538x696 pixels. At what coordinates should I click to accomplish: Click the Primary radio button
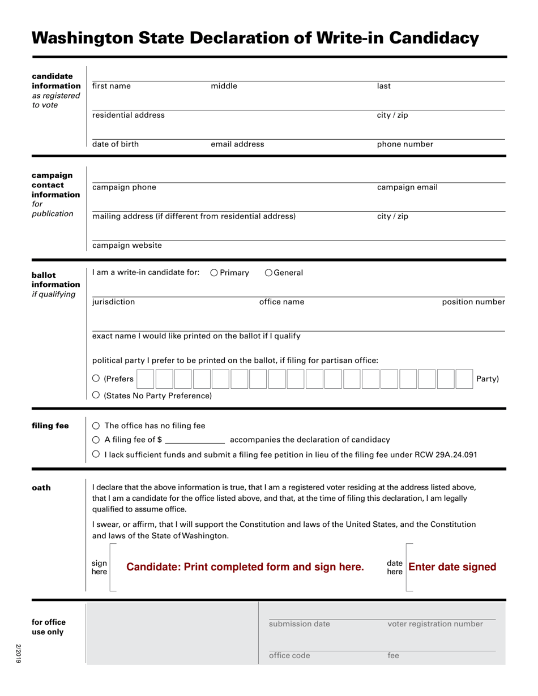click(214, 273)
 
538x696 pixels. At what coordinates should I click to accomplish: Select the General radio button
click(268, 273)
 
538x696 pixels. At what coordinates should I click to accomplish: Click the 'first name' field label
click(111, 86)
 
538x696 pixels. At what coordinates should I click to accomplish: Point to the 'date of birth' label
click(115, 144)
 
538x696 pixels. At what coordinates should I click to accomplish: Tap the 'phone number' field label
click(405, 144)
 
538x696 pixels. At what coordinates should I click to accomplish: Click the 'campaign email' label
click(407, 187)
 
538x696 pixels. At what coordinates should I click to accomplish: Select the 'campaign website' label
click(127, 245)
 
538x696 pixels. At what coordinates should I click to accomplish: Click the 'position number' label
click(473, 302)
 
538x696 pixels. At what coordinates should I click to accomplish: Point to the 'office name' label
click(281, 302)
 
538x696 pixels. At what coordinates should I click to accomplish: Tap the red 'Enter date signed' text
click(452, 567)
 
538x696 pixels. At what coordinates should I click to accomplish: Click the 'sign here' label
click(99, 568)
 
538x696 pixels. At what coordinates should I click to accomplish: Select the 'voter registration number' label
click(435, 624)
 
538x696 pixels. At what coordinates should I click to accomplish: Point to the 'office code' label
click(289, 656)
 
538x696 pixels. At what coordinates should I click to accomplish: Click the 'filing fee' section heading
click(50, 426)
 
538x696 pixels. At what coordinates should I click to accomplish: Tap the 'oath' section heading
click(41, 487)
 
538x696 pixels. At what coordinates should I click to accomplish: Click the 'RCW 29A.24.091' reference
click(447, 454)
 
